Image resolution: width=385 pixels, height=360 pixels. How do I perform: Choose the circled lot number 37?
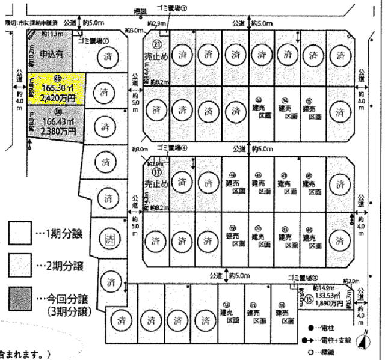157,171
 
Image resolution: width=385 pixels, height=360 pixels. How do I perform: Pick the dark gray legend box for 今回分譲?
20,297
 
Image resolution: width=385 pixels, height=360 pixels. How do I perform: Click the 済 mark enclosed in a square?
108,239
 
